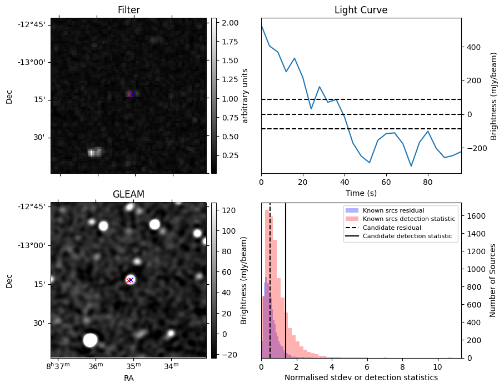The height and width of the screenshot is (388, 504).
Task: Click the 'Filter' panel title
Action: pos(128,10)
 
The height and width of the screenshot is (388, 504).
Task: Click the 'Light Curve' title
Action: pos(361,10)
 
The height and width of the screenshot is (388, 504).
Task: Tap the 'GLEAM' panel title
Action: pos(128,194)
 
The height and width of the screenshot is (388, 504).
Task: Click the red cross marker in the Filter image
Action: pos(130,94)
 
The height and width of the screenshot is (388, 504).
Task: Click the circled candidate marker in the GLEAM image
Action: pos(130,280)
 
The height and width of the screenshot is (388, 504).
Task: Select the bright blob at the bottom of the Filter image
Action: pos(94,152)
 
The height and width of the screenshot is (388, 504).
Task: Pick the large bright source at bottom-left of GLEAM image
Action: pos(90,340)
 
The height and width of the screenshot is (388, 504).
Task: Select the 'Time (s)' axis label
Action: pos(361,192)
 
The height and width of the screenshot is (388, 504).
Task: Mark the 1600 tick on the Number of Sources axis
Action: pos(475,216)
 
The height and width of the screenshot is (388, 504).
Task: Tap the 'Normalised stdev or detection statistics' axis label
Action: pos(361,377)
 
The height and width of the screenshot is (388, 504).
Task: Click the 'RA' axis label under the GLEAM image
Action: pos(128,378)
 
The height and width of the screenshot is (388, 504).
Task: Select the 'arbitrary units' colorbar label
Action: pos(245,95)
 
